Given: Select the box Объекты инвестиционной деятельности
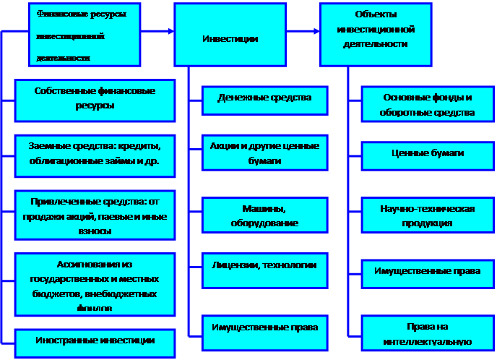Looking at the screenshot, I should (x=376, y=33).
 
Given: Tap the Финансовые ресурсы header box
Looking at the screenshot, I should (x=85, y=33).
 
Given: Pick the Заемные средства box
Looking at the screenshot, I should (x=94, y=155).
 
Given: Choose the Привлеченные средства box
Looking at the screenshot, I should (x=94, y=214).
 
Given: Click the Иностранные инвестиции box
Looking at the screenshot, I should (x=94, y=340).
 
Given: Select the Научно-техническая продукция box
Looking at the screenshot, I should (x=428, y=215).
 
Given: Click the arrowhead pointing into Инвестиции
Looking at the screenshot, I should (x=170, y=31).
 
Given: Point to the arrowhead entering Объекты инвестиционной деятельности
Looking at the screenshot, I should (x=316, y=31).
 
